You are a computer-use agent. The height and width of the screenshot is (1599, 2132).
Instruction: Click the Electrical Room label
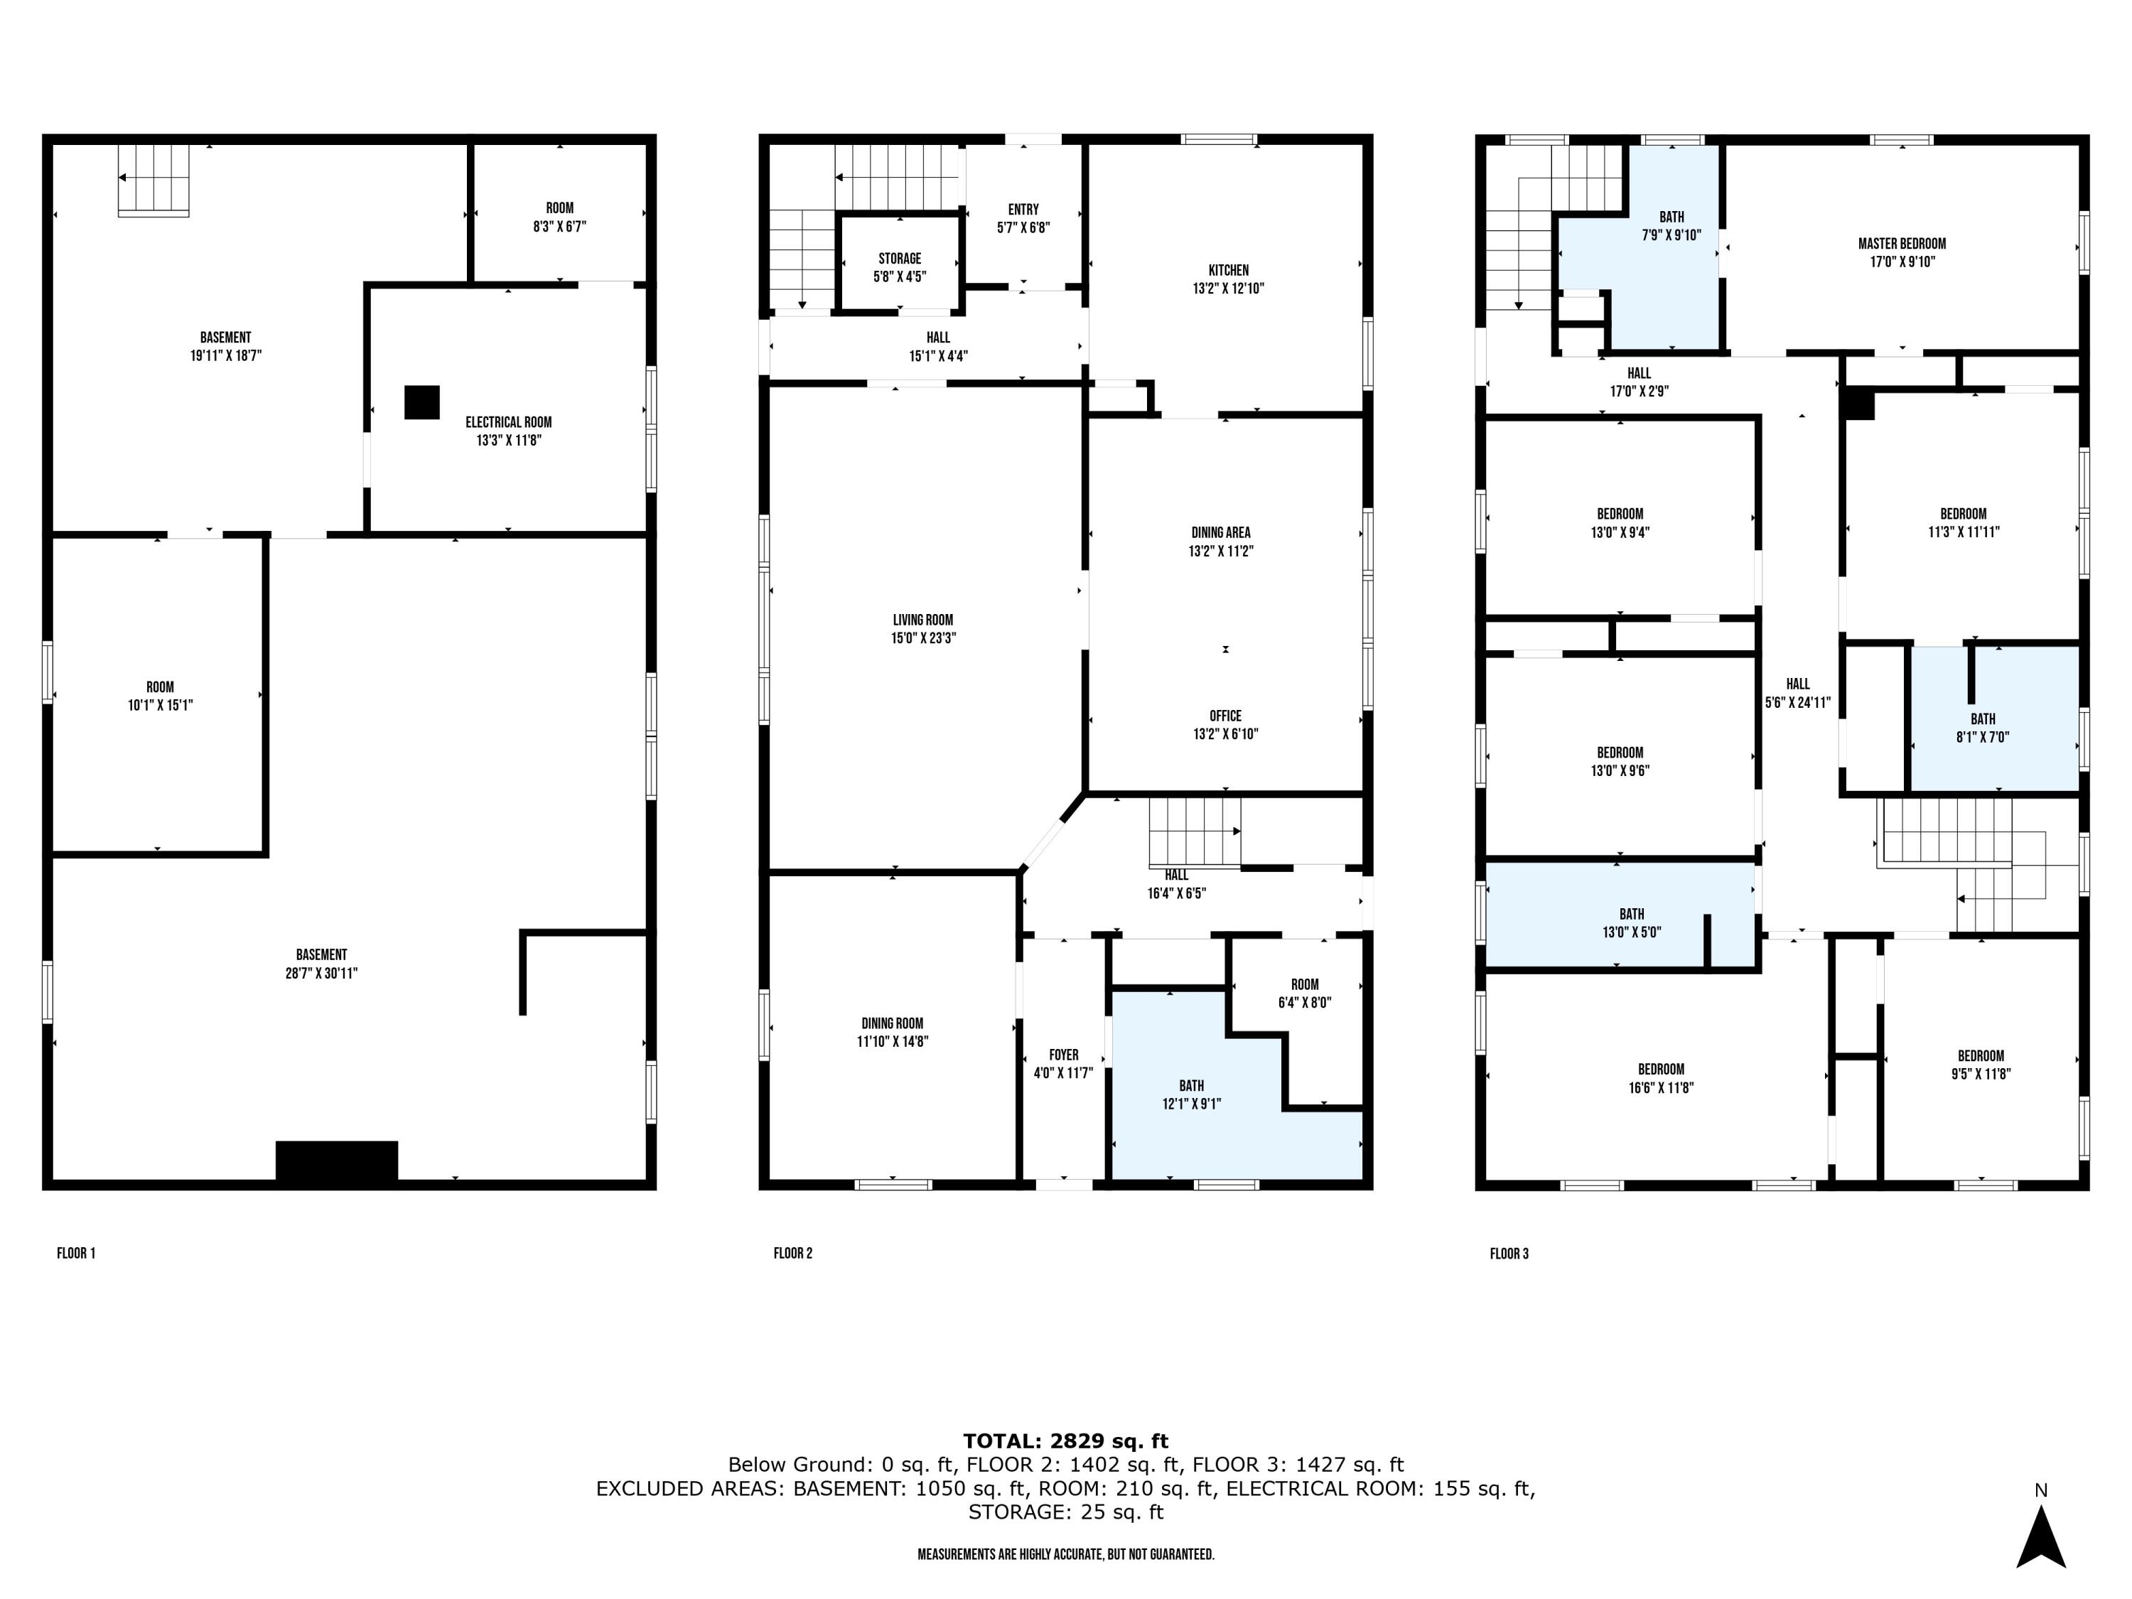[x=508, y=422]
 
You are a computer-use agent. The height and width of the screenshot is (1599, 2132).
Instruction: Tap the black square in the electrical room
[x=421, y=402]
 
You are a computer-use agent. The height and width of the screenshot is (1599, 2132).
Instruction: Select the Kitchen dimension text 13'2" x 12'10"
[x=1228, y=289]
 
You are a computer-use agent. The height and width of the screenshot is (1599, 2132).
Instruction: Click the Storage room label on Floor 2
[x=899, y=258]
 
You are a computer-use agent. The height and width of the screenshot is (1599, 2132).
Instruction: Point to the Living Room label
[x=922, y=620]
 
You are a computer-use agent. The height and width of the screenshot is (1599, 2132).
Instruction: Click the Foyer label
[x=1063, y=1055]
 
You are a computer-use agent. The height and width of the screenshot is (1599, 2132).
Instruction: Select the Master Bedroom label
[x=1902, y=244]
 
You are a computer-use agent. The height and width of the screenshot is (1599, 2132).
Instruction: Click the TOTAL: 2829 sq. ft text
[x=1065, y=1441]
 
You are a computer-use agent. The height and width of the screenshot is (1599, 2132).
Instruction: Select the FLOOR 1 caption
[x=76, y=1253]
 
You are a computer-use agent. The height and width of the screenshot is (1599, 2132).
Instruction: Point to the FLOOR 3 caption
[x=1509, y=1253]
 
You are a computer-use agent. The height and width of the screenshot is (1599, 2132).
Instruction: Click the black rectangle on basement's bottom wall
[x=336, y=1161]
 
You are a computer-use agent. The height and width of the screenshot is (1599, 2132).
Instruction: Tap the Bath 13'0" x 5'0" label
[x=1631, y=922]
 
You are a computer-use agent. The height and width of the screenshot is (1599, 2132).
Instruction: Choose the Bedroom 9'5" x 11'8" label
[x=1980, y=1064]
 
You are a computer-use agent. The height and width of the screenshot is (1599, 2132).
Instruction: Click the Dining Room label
[x=892, y=1023]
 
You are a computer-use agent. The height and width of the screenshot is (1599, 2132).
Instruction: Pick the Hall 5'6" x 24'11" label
[x=1797, y=692]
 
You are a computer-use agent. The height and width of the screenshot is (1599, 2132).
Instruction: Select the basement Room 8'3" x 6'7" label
[x=559, y=217]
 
